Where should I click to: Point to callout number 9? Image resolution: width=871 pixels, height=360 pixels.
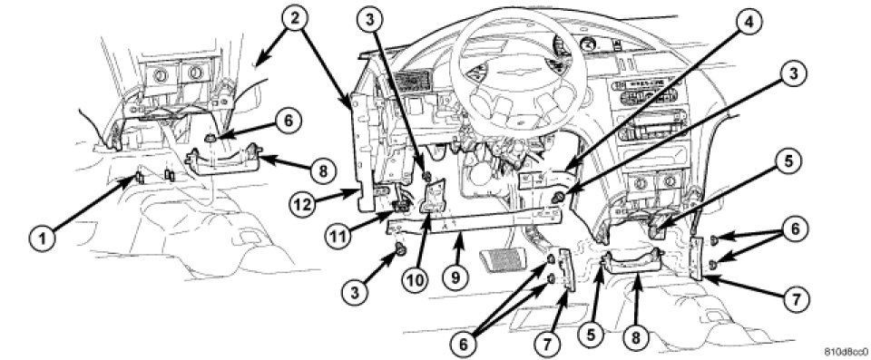point(455,276)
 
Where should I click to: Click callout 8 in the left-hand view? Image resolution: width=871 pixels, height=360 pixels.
point(321,171)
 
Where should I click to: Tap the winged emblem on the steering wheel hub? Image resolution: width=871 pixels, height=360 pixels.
point(516,72)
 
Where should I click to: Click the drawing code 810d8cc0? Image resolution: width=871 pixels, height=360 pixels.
point(847,352)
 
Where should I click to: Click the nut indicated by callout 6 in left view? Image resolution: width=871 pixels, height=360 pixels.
point(210,137)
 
